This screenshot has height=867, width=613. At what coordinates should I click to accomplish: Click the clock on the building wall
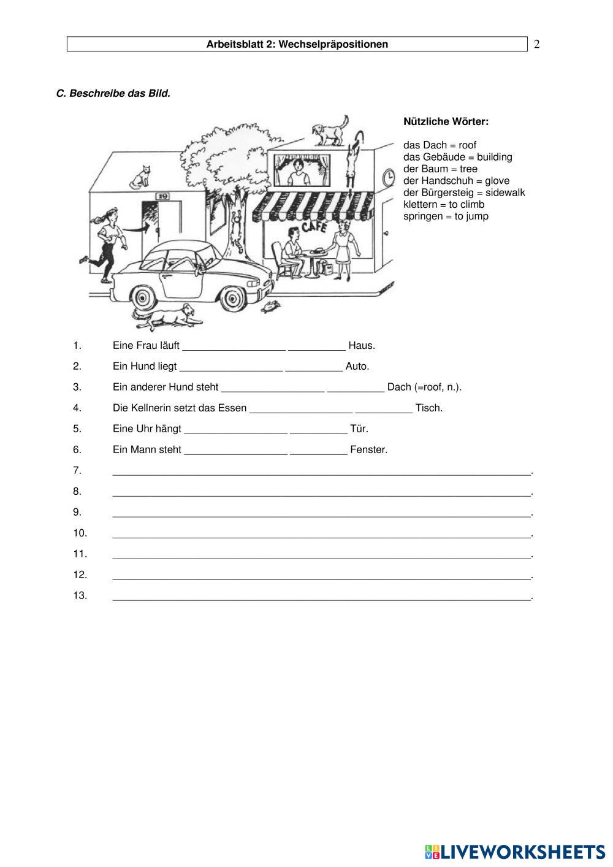(389, 178)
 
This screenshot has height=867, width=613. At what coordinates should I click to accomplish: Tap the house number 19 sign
(162, 196)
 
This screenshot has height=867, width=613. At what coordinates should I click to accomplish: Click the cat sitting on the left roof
(141, 177)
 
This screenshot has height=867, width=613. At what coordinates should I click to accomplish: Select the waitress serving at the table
(342, 248)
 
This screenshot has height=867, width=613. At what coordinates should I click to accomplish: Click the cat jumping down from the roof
(352, 158)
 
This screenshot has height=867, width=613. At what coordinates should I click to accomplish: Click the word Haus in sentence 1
(361, 346)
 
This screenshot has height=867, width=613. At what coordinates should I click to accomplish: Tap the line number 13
(80, 595)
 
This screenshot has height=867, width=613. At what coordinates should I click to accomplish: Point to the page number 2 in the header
(537, 44)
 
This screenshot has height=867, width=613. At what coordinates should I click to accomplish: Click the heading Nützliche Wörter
(446, 121)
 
